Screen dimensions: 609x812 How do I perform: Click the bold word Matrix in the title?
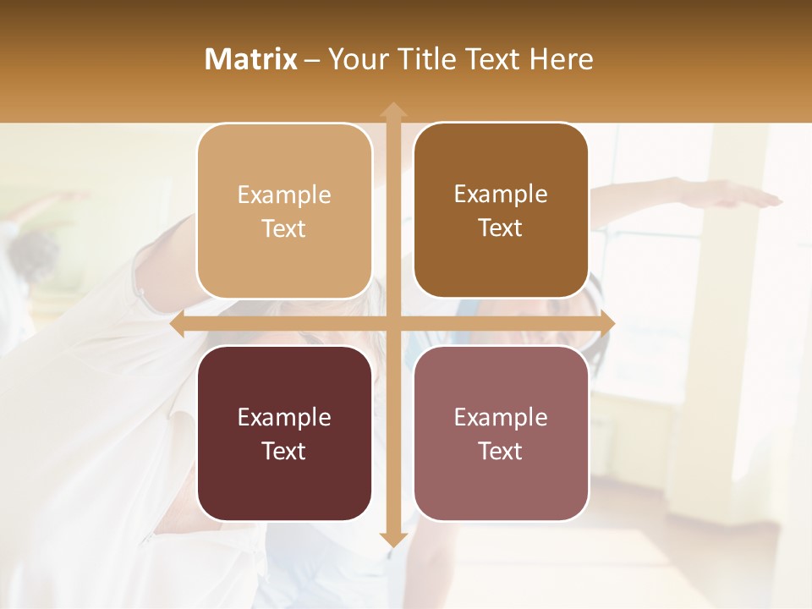pos(251,59)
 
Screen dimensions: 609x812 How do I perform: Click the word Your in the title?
pos(357,59)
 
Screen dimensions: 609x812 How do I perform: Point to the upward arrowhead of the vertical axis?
pos(392,110)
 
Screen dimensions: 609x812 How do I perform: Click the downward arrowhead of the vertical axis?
pos(392,539)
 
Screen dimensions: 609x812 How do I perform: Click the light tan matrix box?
pos(284,211)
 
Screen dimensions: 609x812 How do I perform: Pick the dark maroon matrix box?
pos(284,433)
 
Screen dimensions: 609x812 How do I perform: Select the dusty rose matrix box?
pos(501,433)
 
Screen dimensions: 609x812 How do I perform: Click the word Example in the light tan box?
pos(284,195)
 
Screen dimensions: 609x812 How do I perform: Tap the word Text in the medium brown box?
pos(501,228)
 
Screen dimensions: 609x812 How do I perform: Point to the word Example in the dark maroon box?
pos(284,417)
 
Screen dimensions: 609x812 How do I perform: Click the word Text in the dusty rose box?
pos(501,451)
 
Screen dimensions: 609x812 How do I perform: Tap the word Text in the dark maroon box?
pos(284,451)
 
